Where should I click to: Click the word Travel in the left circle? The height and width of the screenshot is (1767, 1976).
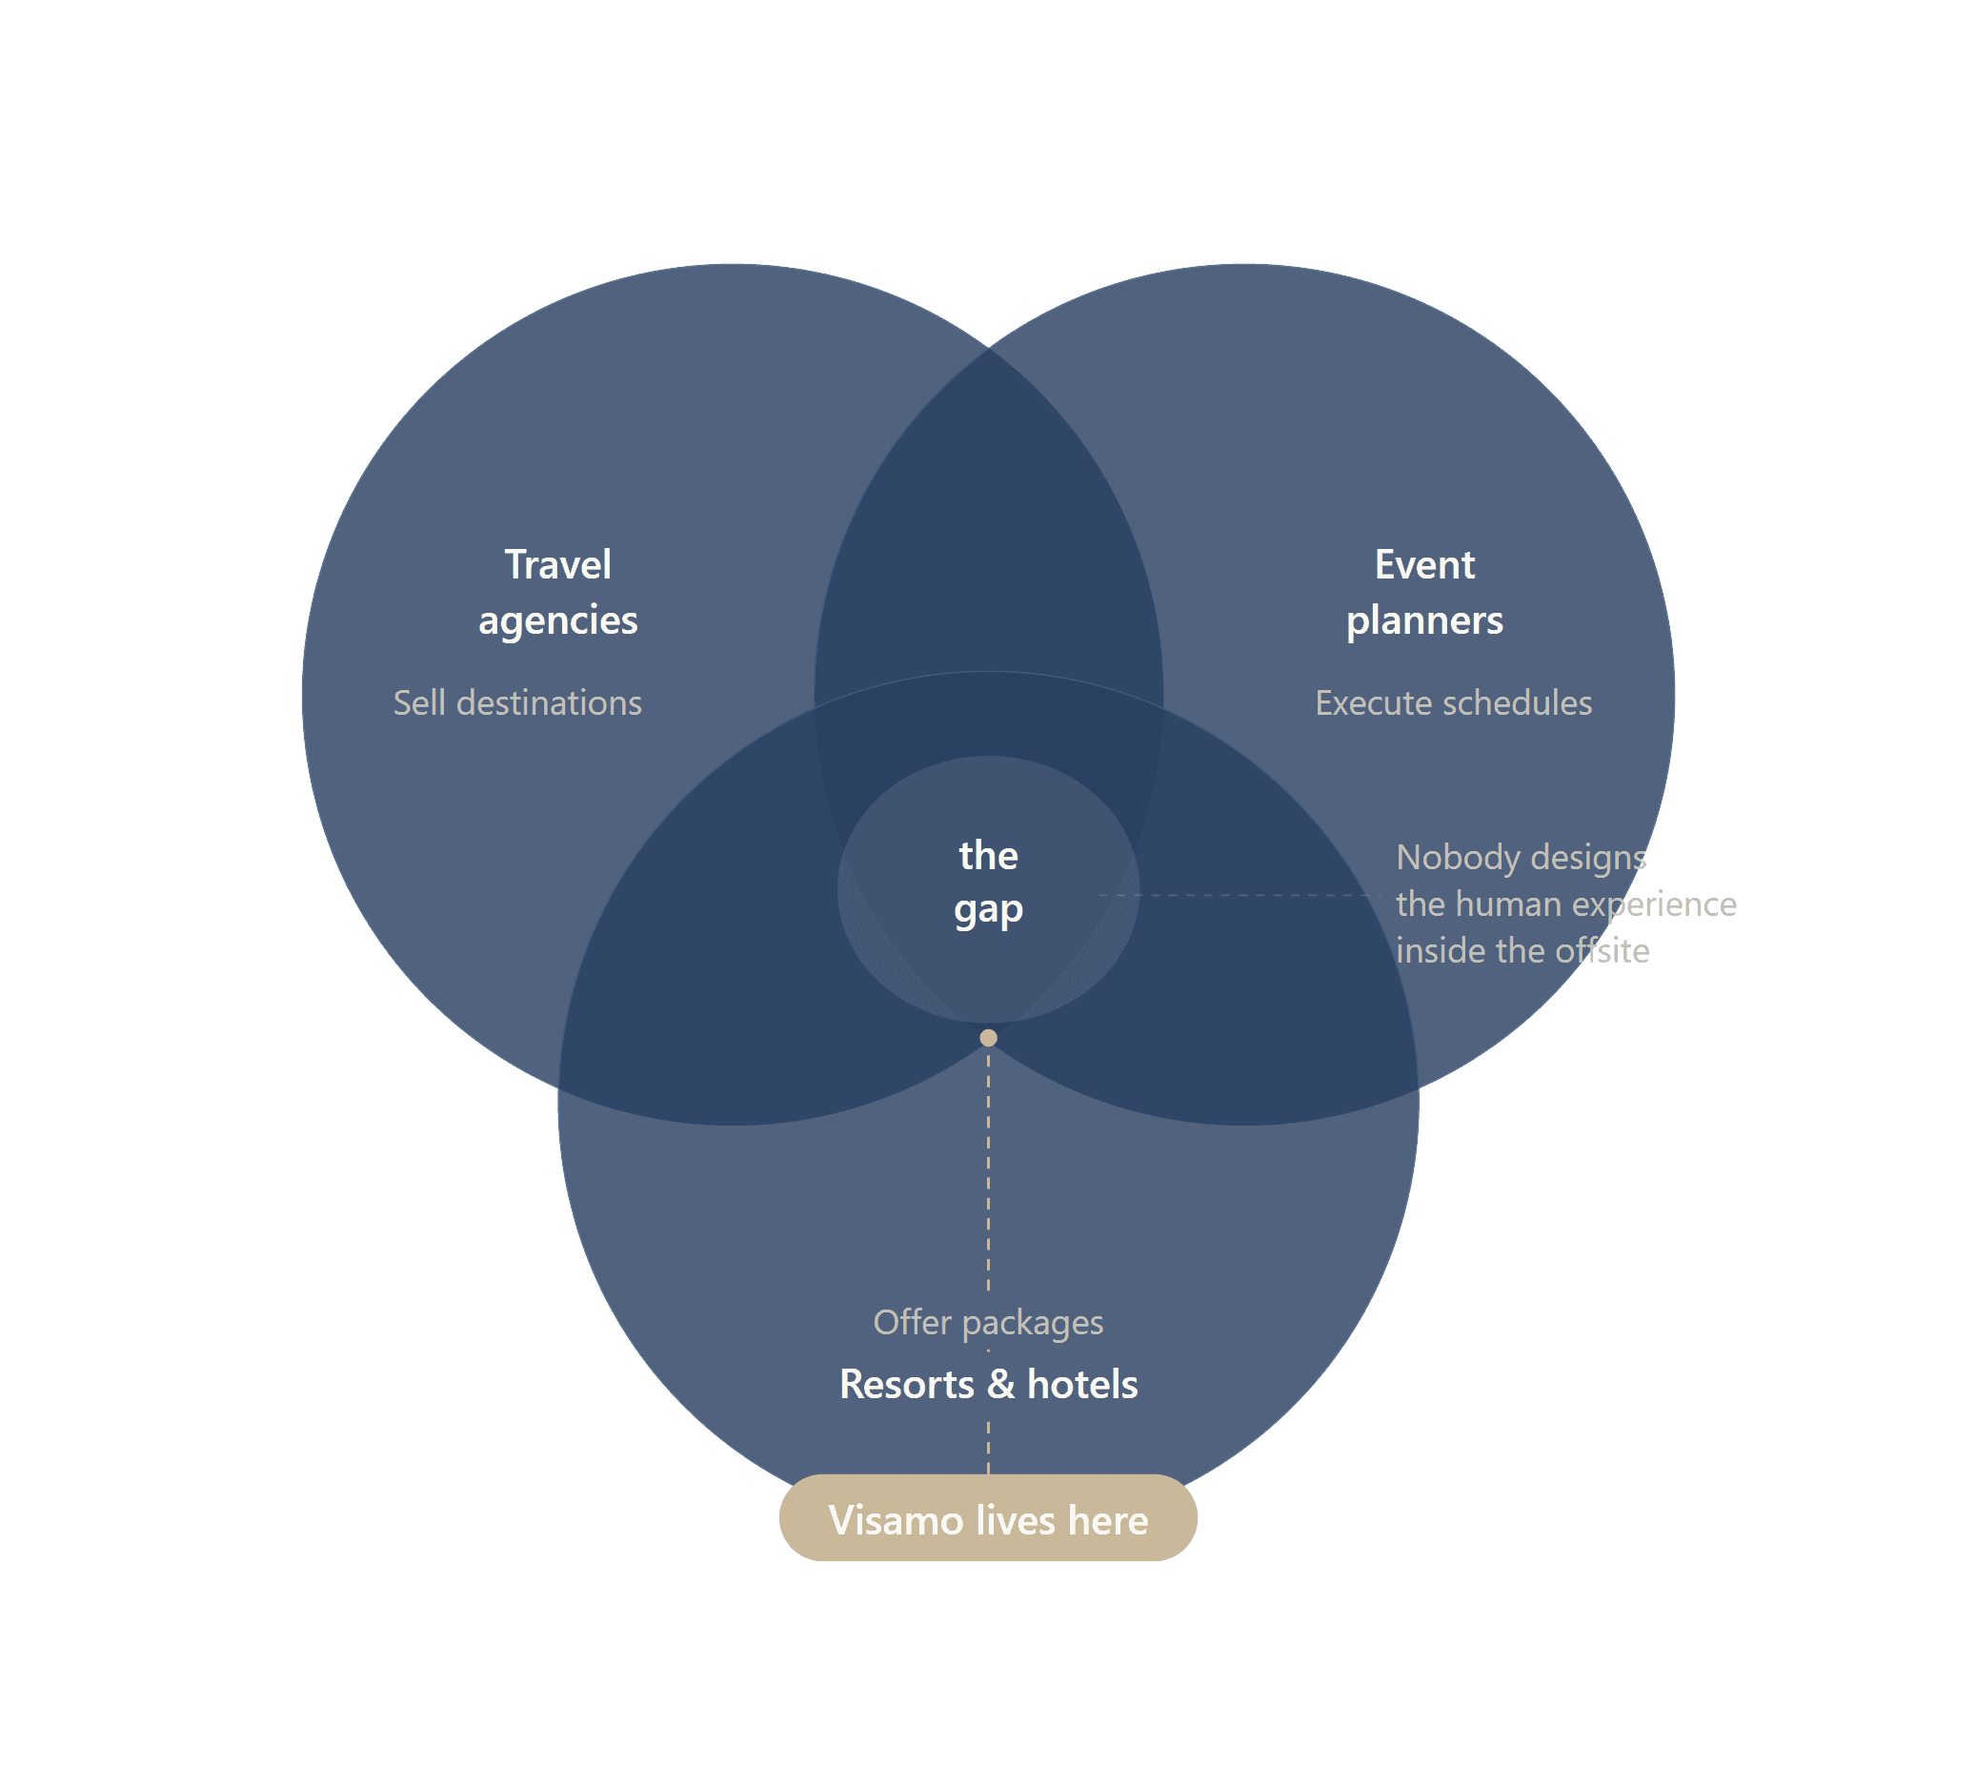[x=557, y=565]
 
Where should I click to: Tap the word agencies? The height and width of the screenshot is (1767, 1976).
[x=557, y=621]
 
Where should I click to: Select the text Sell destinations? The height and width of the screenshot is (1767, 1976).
[x=517, y=703]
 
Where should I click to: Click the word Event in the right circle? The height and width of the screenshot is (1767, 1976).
[x=1423, y=565]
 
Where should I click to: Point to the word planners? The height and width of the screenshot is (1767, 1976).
[x=1423, y=621]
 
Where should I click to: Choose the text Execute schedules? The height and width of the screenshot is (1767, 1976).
[x=1453, y=703]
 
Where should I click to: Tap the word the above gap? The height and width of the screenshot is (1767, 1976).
[x=988, y=855]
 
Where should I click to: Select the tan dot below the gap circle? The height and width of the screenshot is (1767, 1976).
[x=988, y=1038]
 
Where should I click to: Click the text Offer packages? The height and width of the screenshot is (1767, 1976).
[x=988, y=1322]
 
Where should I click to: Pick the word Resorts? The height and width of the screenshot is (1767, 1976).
[x=906, y=1385]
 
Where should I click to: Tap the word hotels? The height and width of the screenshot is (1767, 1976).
[x=1082, y=1385]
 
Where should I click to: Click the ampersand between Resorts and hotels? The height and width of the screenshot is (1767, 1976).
[x=1000, y=1385]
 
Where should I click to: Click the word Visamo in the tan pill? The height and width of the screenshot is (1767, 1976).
[x=896, y=1520]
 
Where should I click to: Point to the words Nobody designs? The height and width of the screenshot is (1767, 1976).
[x=1521, y=857]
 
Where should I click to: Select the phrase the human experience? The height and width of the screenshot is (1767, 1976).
[x=1565, y=904]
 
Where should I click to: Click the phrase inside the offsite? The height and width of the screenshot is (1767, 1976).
[x=1522, y=950]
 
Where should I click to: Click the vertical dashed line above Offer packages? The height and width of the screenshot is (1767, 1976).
[x=988, y=1165]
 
